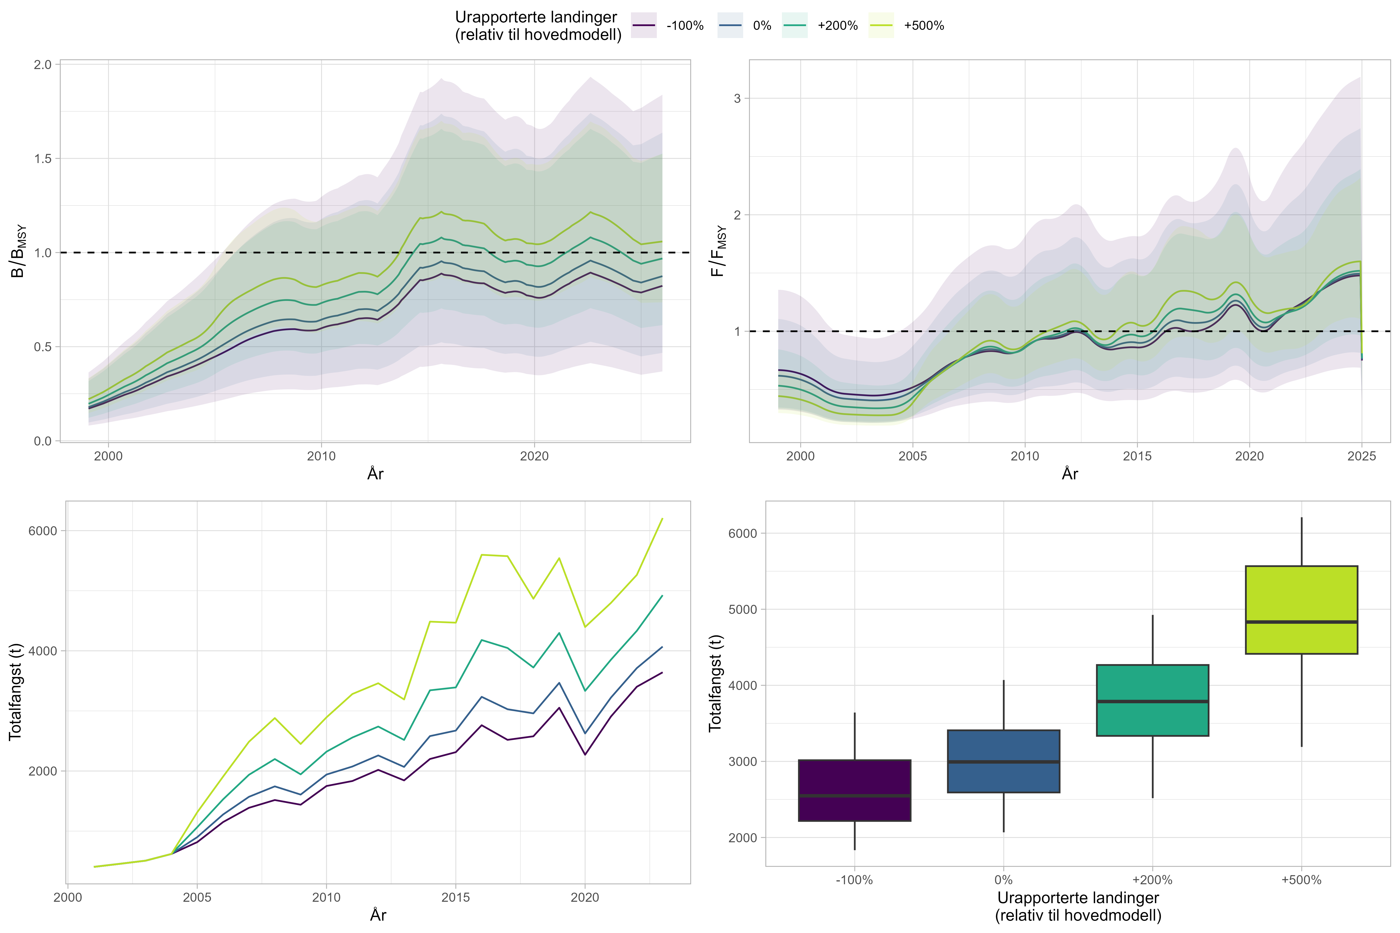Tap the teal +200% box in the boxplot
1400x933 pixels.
point(1152,700)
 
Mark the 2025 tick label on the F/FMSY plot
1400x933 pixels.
point(1361,456)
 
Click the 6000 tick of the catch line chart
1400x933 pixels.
point(43,531)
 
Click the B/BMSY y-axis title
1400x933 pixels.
point(19,251)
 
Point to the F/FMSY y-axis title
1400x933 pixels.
point(719,251)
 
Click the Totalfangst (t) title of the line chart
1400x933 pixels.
point(15,692)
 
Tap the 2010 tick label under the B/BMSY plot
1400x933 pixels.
point(322,456)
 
